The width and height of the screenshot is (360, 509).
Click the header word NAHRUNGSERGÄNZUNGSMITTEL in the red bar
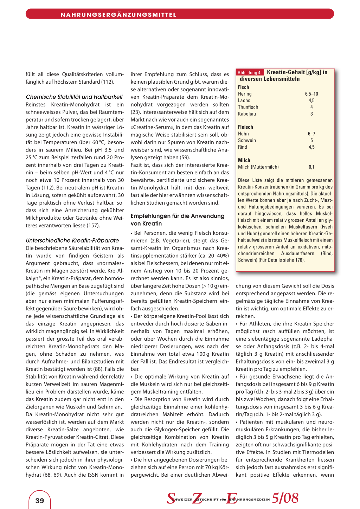[x=118, y=15]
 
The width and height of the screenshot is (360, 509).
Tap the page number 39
[x=40, y=501]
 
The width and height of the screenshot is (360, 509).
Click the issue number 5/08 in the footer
[x=285, y=498]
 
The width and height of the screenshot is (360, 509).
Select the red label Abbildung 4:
[x=250, y=73]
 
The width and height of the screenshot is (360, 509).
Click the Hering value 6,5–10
[x=311, y=94]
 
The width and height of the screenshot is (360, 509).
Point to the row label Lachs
[x=244, y=101]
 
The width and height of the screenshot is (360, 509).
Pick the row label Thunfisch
[x=248, y=107]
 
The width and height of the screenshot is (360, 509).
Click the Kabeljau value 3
[x=311, y=114]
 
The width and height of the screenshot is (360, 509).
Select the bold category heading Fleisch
[x=245, y=127]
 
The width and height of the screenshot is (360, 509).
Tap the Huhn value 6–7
[x=311, y=134]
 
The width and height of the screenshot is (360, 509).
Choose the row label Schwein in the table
[x=247, y=140]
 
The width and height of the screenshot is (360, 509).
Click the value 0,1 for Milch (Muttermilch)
[x=311, y=167]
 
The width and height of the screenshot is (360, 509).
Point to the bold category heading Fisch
[x=243, y=87]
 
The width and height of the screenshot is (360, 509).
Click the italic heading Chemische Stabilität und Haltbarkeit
[x=74, y=97]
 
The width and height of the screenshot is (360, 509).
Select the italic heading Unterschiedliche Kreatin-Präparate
[x=72, y=240]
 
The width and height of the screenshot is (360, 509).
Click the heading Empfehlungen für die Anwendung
[x=177, y=216]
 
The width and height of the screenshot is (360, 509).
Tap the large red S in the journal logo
[x=171, y=498]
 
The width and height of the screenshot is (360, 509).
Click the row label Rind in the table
[x=242, y=147]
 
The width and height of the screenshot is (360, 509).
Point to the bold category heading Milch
[x=244, y=160]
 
